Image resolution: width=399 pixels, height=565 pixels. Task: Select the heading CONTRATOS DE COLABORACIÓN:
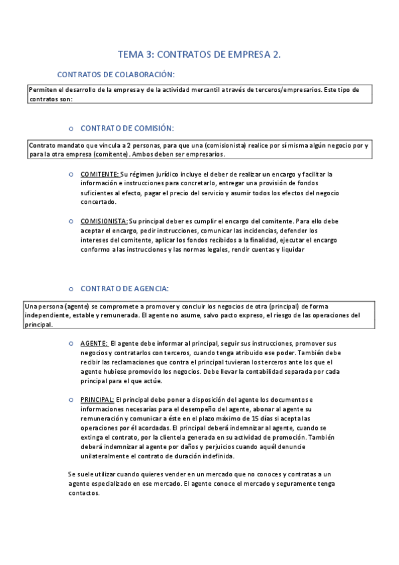(x=116, y=75)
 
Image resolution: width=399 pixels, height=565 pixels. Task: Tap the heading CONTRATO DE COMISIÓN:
(x=127, y=127)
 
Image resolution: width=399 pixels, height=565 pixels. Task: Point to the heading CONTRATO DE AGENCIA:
(x=124, y=288)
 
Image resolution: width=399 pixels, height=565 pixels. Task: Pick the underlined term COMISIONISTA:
(x=104, y=221)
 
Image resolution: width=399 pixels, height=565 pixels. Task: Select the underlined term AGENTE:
(x=93, y=342)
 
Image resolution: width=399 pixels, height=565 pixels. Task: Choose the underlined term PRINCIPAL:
(x=97, y=399)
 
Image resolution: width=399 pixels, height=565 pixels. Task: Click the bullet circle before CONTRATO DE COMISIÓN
(x=71, y=128)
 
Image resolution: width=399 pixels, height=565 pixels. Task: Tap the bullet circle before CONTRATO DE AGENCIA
(x=71, y=289)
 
